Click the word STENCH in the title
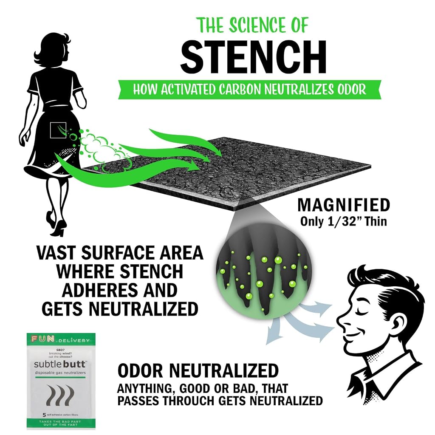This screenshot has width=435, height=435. click(253, 57)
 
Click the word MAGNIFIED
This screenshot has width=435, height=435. click(344, 205)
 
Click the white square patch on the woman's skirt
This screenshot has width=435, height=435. click(58, 130)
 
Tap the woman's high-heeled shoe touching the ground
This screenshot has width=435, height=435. click(60, 228)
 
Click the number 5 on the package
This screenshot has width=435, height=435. click(44, 415)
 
